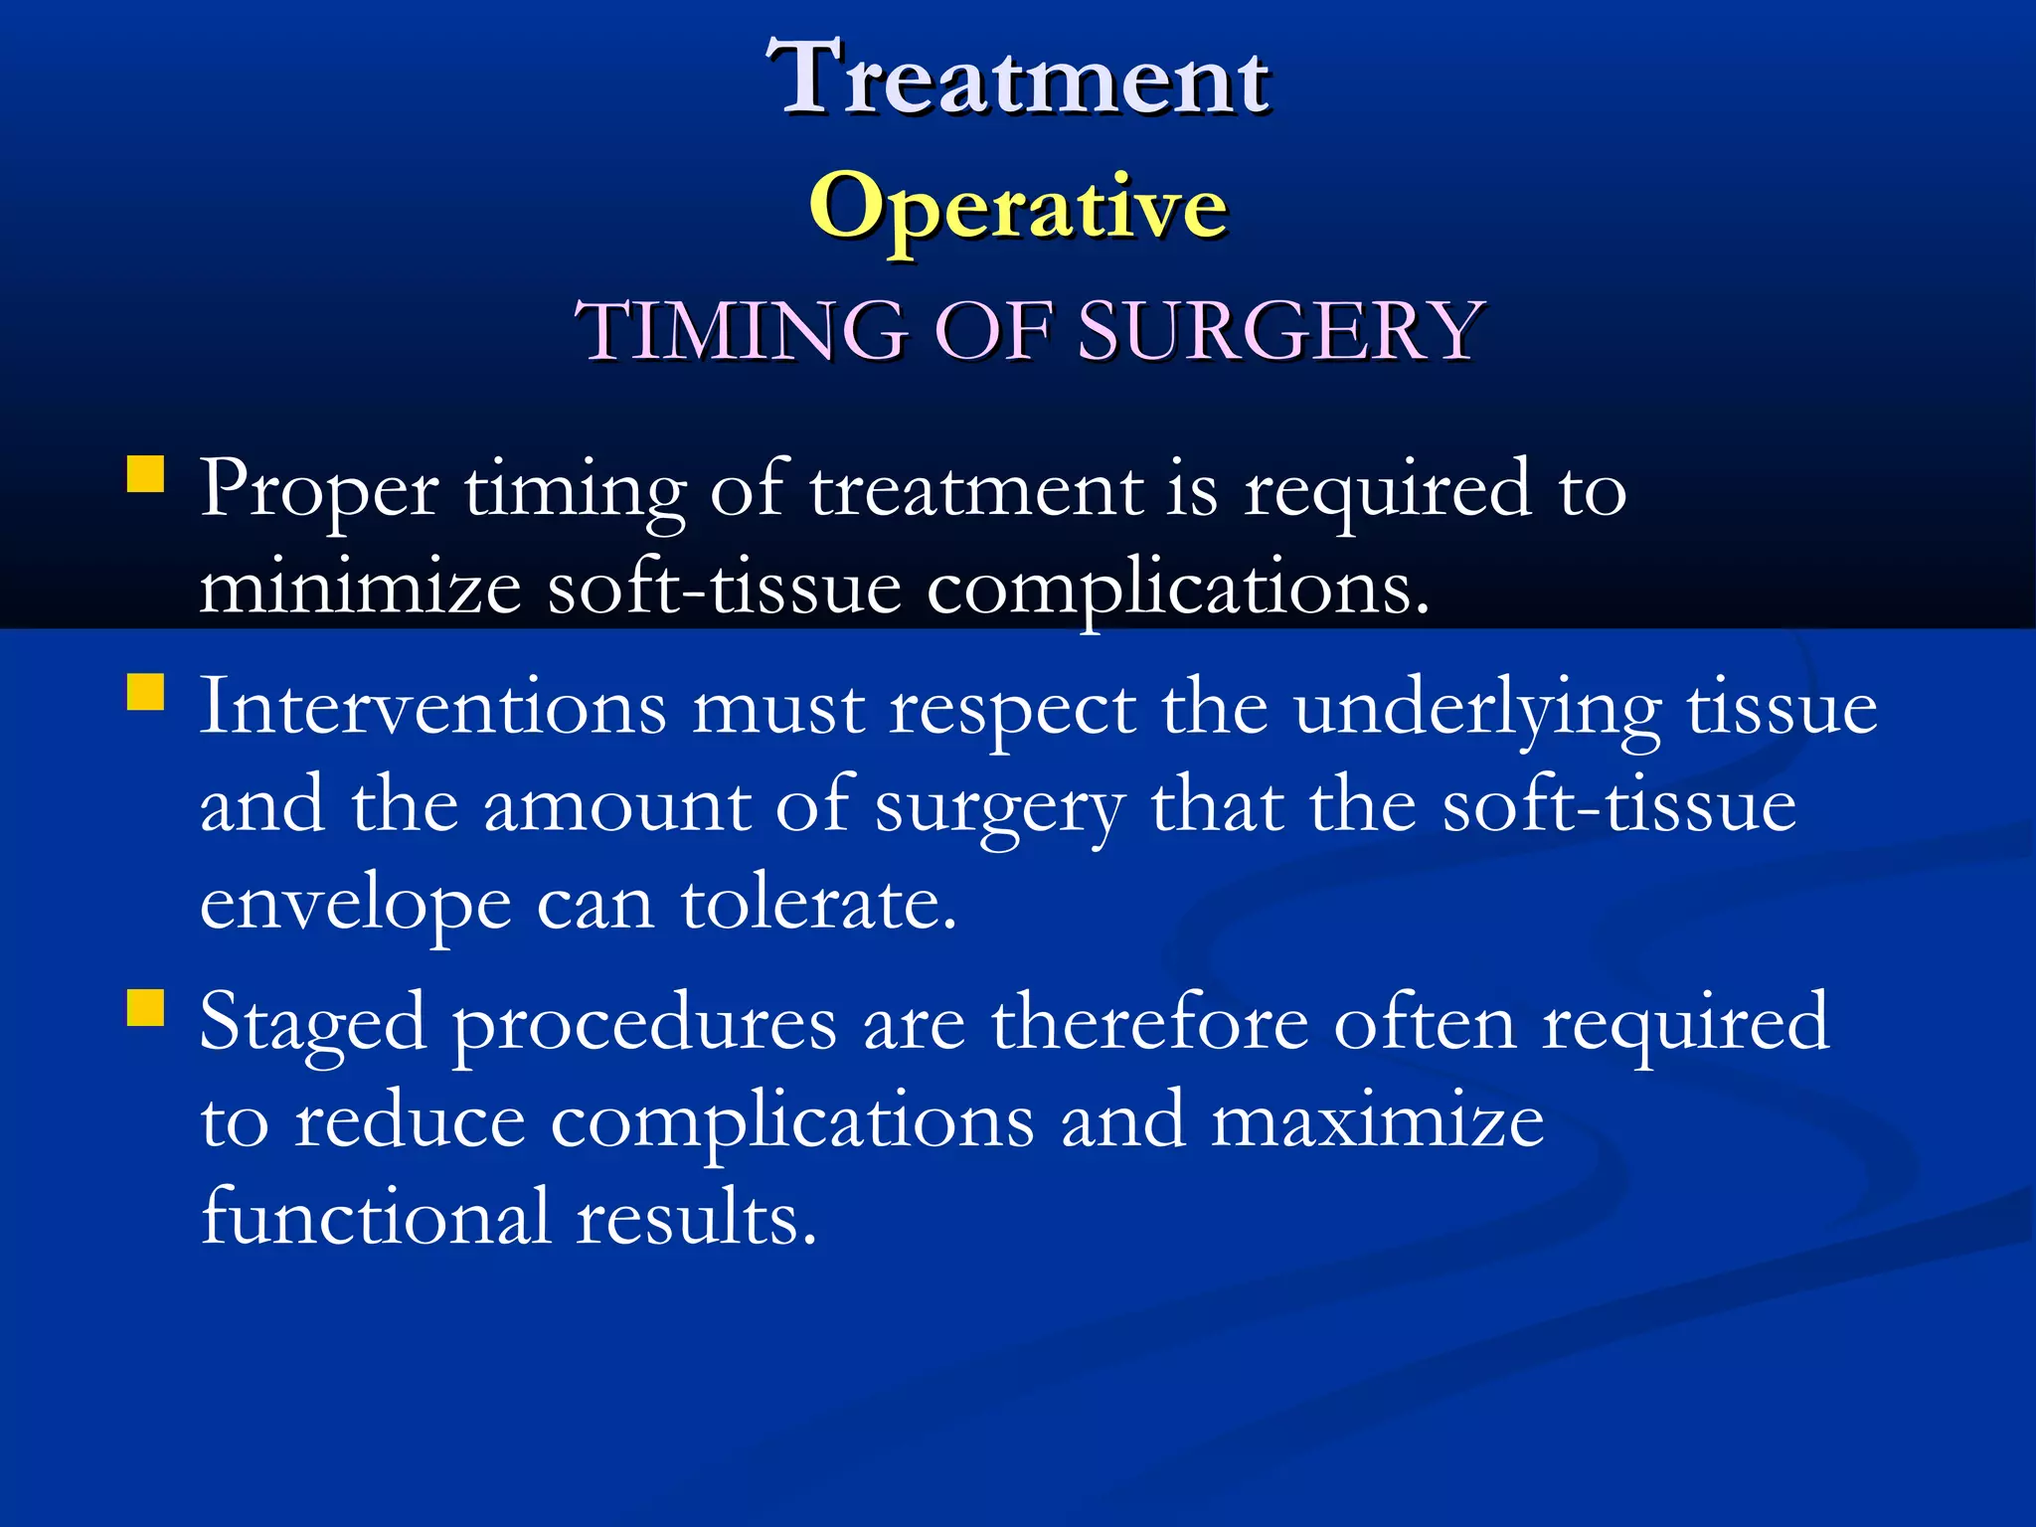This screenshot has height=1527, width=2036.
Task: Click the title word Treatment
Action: point(1018,78)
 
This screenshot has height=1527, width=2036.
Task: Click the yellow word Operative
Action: point(1018,207)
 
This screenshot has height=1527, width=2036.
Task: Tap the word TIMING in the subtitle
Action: point(742,330)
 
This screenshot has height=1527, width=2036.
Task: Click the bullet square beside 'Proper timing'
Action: point(145,474)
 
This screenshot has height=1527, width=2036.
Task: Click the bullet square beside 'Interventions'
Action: point(145,692)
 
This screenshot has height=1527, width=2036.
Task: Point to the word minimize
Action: point(360,589)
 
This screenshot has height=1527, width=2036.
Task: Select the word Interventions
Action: point(433,708)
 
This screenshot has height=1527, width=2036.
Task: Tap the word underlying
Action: point(1477,712)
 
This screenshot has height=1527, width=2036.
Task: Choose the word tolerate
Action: point(818,905)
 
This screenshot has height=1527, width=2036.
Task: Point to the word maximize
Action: point(1377,1121)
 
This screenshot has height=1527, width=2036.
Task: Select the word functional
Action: point(376,1217)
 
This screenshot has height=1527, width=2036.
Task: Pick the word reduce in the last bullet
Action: point(410,1121)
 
